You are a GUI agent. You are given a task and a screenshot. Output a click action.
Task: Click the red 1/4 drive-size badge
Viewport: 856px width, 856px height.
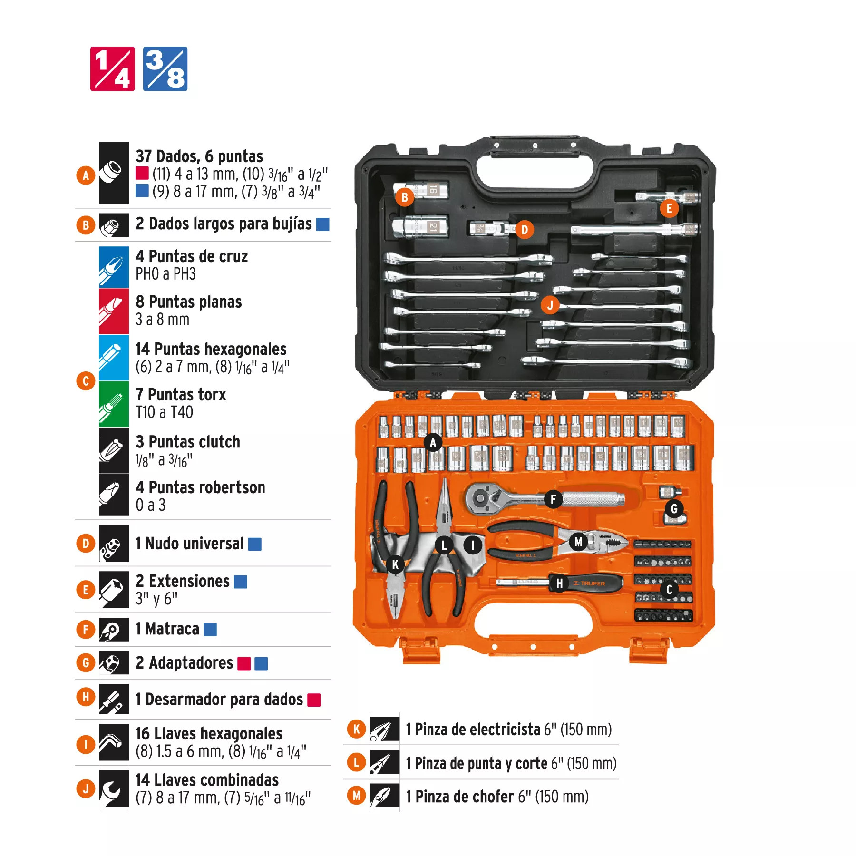113,69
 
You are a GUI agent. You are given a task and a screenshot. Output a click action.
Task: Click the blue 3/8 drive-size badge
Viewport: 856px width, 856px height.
165,69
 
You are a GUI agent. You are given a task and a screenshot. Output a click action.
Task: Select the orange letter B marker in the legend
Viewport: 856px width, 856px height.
86,225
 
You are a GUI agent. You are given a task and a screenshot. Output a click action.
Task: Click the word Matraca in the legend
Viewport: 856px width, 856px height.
172,629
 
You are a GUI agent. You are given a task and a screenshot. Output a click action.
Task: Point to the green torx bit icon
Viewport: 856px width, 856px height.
114,404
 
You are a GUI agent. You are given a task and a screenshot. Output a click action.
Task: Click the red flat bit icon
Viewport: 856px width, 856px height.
114,311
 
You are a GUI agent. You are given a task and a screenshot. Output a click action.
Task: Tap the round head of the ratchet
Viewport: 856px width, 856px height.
480,499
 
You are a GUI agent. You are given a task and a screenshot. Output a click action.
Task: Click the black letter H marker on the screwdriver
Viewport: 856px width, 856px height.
560,584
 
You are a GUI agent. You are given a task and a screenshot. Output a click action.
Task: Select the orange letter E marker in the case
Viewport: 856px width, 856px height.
669,208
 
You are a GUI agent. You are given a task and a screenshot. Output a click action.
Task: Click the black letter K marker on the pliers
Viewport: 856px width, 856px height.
395,565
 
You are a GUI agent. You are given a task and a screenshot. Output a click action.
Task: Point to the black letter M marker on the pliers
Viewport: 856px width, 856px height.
578,542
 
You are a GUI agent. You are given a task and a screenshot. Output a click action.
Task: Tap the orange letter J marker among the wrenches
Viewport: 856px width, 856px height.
550,305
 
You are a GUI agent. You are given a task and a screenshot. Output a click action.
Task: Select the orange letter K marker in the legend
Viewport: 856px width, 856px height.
356,729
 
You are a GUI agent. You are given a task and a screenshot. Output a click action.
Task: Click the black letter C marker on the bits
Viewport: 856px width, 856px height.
669,590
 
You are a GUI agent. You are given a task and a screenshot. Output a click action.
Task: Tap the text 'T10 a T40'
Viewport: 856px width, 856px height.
164,412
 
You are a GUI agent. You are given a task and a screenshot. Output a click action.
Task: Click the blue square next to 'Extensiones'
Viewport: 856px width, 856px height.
241,582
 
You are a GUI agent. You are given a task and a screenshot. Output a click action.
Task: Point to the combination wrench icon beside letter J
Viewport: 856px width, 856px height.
114,789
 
